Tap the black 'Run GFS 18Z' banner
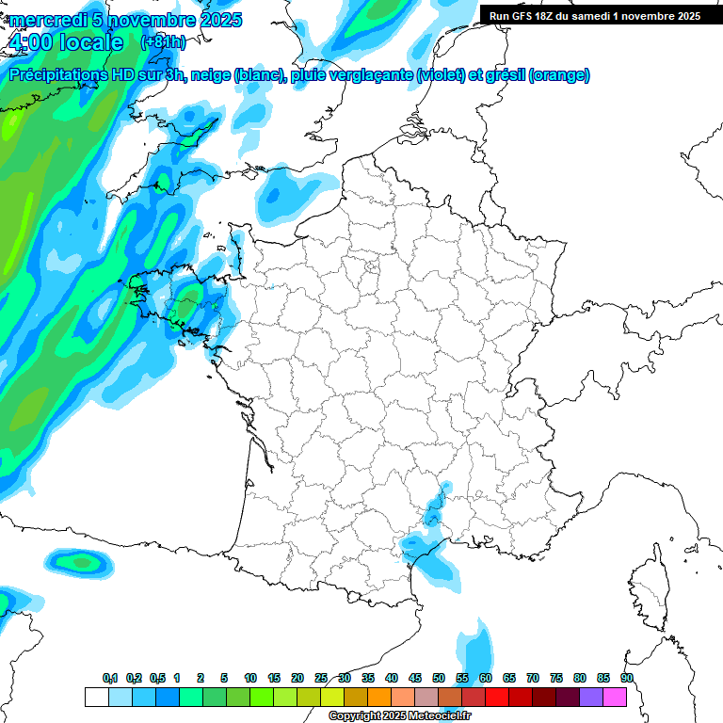pos(595,16)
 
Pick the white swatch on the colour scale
pos(96,697)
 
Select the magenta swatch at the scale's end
pos(615,697)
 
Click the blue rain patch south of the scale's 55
pos(478,650)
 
